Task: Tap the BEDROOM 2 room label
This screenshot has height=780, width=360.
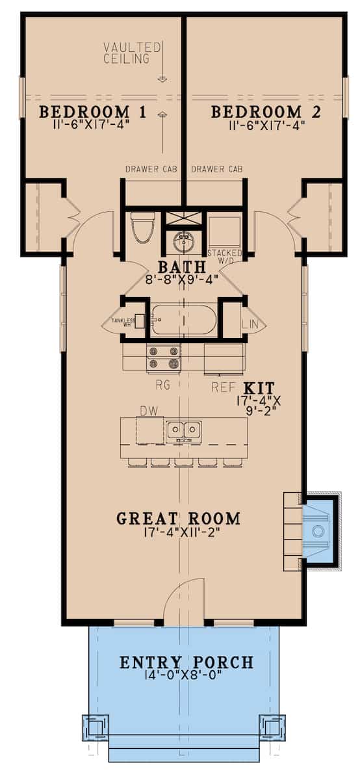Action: pos(266,111)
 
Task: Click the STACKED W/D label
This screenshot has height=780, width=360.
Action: pos(224,256)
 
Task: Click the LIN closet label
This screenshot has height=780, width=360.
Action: pos(251,323)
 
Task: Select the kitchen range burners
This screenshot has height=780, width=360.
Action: pos(163,357)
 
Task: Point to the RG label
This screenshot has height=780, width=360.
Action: pos(162,385)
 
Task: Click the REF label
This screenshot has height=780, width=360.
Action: pos(221,386)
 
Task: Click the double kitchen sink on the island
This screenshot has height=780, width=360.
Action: pos(183,430)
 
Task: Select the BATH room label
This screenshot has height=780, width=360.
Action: pos(181,266)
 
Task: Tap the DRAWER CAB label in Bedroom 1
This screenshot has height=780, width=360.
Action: pos(151,170)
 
